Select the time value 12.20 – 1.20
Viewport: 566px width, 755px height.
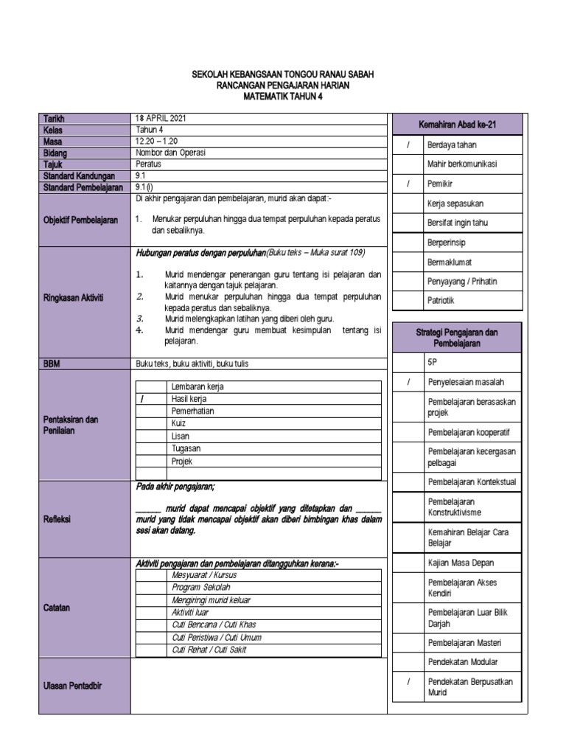point(158,142)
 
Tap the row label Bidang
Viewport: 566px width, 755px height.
point(55,153)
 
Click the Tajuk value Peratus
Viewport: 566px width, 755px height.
point(148,165)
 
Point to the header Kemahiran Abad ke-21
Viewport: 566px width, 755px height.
point(457,125)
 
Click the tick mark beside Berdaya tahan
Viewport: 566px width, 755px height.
point(408,145)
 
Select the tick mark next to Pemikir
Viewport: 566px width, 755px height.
point(408,184)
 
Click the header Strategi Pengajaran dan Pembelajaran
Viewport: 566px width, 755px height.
point(457,338)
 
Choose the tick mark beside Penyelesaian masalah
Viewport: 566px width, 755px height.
point(408,383)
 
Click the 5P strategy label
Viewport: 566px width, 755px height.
point(432,363)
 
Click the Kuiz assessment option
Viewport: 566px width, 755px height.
point(178,424)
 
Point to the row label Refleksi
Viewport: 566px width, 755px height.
point(57,519)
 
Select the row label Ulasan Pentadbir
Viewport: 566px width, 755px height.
point(72,686)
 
